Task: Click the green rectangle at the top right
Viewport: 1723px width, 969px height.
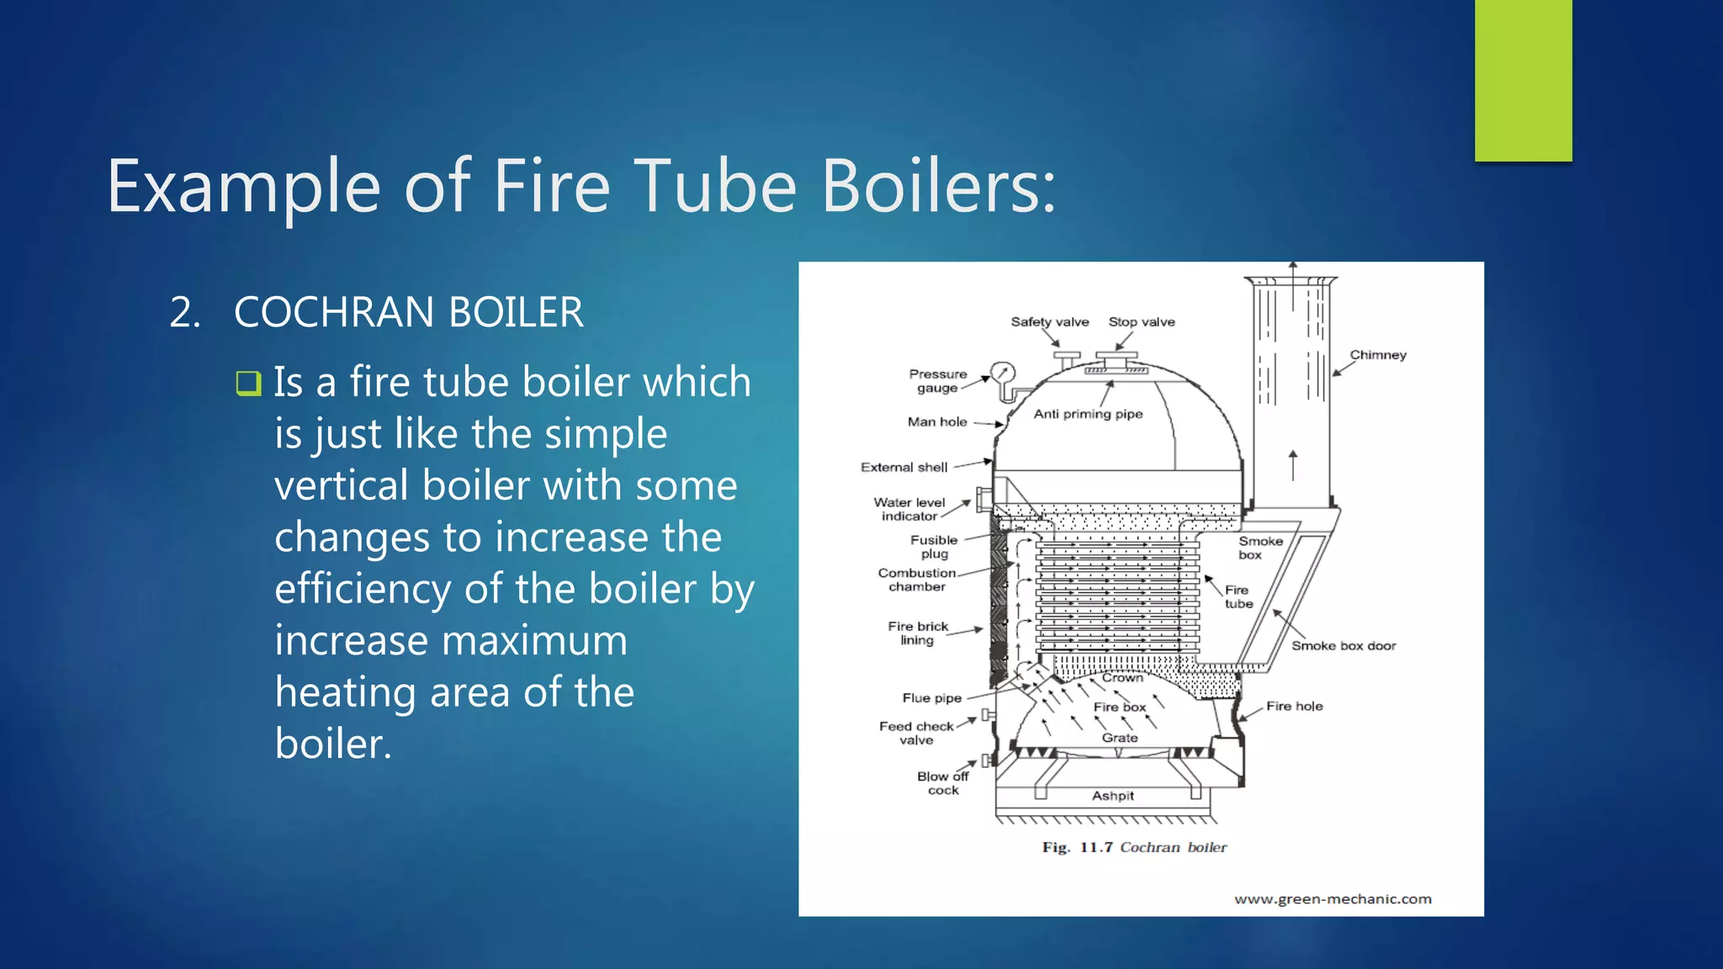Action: pyautogui.click(x=1523, y=80)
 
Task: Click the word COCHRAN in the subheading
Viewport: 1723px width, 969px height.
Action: pyautogui.click(x=336, y=313)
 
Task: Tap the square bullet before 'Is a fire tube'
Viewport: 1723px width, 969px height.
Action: pyautogui.click(x=248, y=384)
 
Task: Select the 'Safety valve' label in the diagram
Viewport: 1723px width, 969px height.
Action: pyautogui.click(x=1049, y=322)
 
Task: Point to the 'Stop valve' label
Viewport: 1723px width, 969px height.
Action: pyautogui.click(x=1141, y=322)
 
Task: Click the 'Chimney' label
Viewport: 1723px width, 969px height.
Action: pyautogui.click(x=1377, y=355)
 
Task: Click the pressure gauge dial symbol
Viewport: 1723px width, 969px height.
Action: pyautogui.click(x=1003, y=373)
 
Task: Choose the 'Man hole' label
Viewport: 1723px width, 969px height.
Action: pyautogui.click(x=936, y=422)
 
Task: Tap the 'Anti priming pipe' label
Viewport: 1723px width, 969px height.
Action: pyautogui.click(x=1088, y=414)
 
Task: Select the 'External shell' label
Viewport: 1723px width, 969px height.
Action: pyautogui.click(x=904, y=468)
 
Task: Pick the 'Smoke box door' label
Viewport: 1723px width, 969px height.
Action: pyautogui.click(x=1343, y=646)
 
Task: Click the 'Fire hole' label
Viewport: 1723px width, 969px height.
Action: pyautogui.click(x=1294, y=707)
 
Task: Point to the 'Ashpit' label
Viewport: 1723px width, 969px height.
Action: pyautogui.click(x=1112, y=796)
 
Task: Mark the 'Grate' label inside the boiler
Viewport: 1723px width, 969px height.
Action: pyautogui.click(x=1120, y=738)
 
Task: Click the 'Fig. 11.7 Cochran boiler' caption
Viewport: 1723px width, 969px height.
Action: pyautogui.click(x=1133, y=848)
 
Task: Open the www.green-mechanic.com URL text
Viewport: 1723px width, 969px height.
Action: pyautogui.click(x=1333, y=899)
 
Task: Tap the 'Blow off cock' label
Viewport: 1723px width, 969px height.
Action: pyautogui.click(x=942, y=783)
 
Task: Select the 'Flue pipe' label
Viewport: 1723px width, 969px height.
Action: pyautogui.click(x=931, y=698)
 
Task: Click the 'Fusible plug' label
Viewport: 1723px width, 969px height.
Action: pyautogui.click(x=934, y=547)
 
